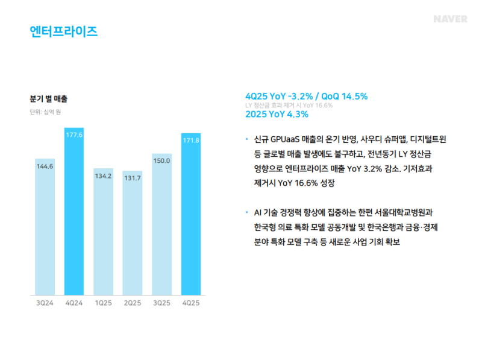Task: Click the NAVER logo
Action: (450, 19)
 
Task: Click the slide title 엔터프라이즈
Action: (64, 31)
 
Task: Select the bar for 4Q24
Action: (74, 211)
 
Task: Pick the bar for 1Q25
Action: (104, 232)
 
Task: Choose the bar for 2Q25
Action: (133, 233)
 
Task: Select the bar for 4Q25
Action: (191, 214)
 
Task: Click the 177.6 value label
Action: (74, 134)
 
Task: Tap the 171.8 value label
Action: (191, 140)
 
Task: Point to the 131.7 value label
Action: (133, 178)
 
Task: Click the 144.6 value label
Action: (45, 166)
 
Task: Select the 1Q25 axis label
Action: (104, 303)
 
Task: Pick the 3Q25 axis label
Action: (161, 303)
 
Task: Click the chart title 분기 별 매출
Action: (49, 98)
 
